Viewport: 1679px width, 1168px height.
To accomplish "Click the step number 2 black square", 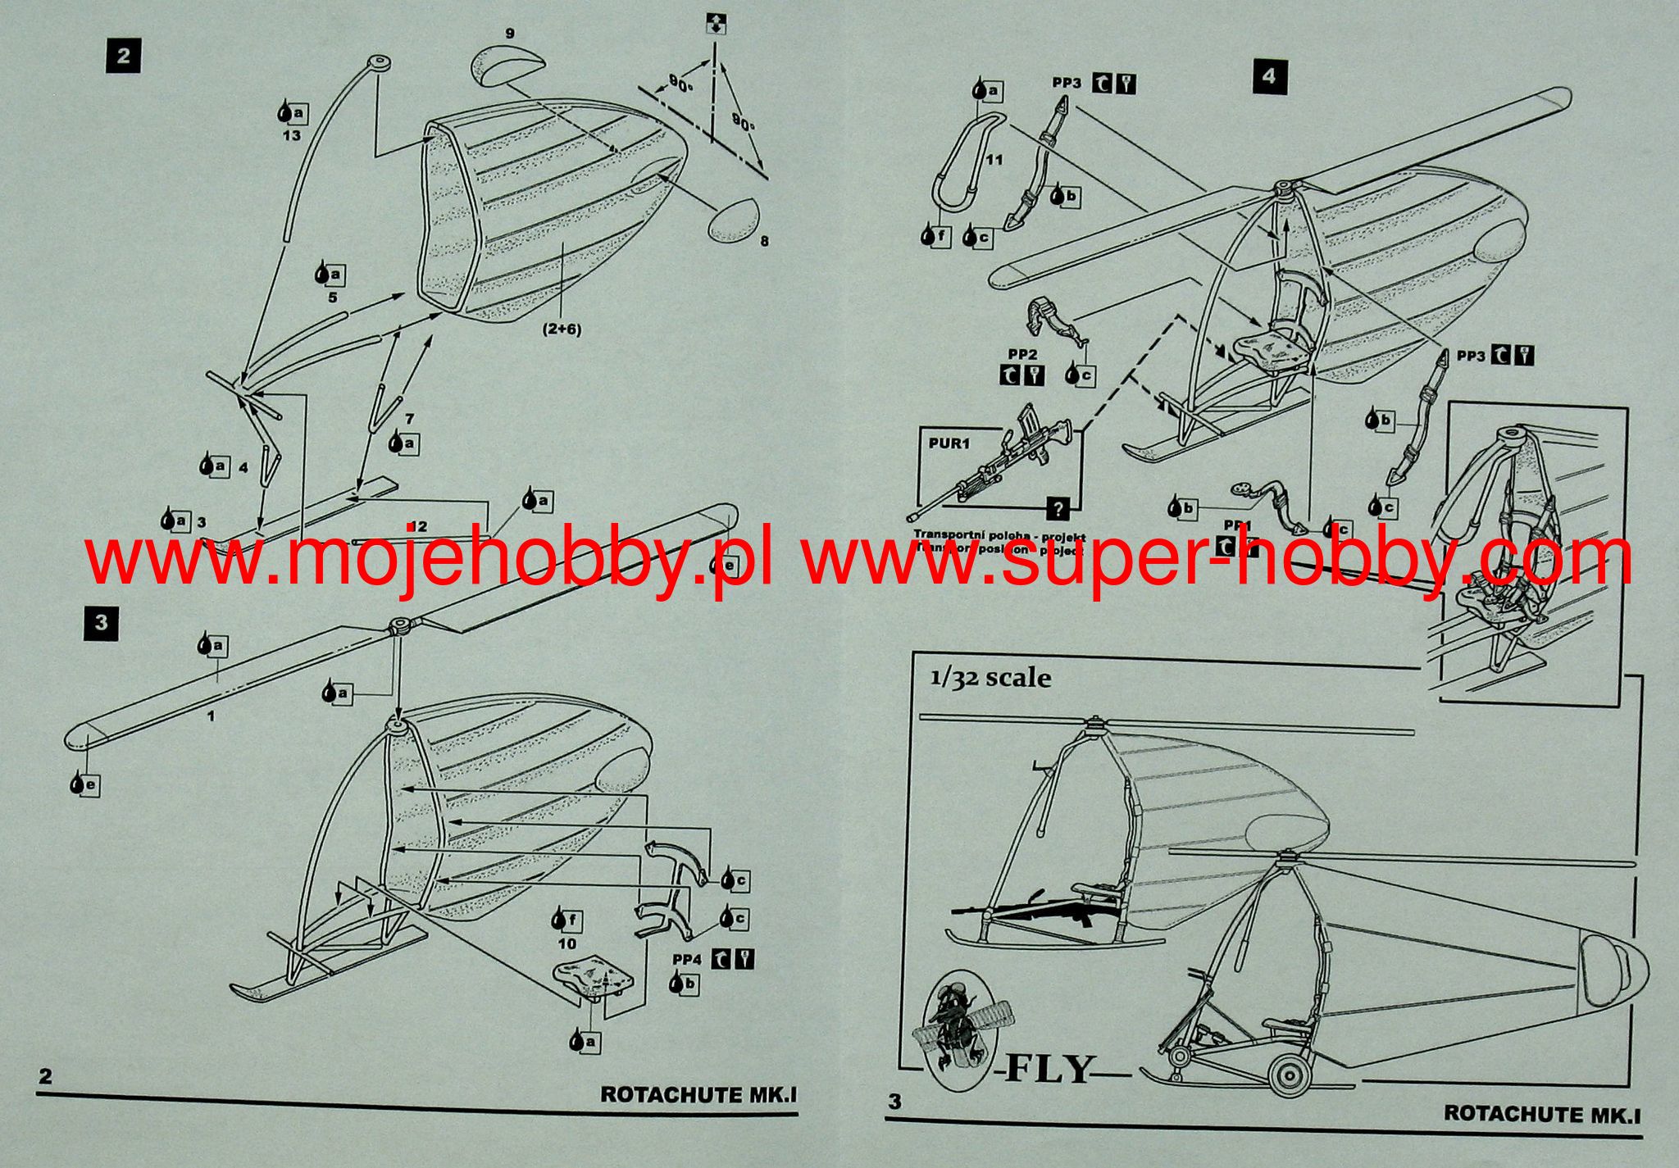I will [123, 56].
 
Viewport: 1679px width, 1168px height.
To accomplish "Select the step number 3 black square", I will [101, 622].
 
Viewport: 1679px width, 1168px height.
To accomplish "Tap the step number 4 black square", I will [1269, 76].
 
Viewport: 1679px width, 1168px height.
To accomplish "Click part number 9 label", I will [510, 34].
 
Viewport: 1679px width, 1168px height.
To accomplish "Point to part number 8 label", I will [765, 241].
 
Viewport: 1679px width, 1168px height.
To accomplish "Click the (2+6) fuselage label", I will [562, 329].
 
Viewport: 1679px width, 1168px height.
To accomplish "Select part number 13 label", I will [292, 135].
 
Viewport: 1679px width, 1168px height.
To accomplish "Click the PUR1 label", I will [949, 443].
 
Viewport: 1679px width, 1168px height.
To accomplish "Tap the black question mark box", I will [1058, 508].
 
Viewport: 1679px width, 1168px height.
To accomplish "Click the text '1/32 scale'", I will [990, 677].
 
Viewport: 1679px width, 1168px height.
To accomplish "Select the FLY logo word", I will [1049, 1069].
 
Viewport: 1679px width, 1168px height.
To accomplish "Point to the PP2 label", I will [1022, 354].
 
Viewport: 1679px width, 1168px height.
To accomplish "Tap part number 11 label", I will [994, 160].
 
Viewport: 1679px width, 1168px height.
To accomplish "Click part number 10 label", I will [566, 944].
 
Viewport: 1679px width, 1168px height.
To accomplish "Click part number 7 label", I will [409, 419].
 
